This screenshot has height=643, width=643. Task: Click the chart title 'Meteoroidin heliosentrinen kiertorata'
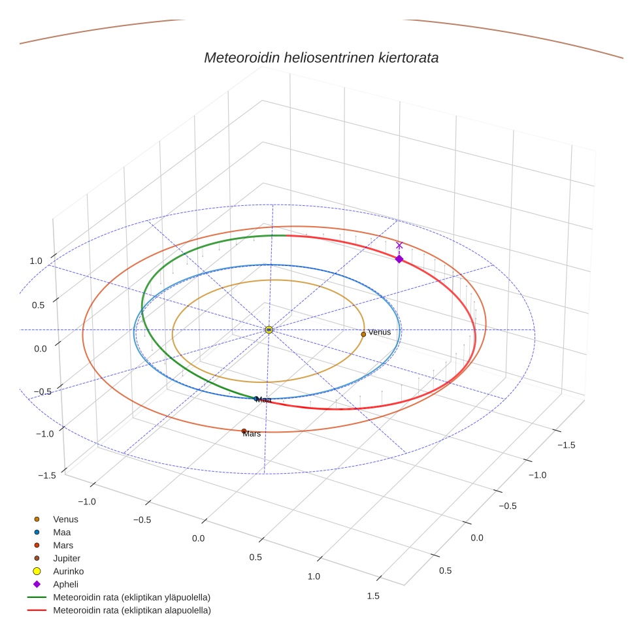point(321,58)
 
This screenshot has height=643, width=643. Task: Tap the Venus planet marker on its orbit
point(363,334)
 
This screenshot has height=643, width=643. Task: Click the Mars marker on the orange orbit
point(244,431)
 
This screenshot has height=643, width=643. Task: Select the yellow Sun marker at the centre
point(269,330)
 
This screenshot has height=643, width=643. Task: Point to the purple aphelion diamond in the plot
point(399,259)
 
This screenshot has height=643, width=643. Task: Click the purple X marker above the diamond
point(399,246)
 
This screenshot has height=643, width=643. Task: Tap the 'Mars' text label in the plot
point(252,434)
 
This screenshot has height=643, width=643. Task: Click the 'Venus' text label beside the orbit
point(380,332)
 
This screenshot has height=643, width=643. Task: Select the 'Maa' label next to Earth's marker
point(264,399)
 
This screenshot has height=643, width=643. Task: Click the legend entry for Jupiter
point(67,558)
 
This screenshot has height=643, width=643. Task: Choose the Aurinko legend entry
point(68,571)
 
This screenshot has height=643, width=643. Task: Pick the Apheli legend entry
point(65,584)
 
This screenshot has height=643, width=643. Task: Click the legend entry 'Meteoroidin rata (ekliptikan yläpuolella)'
point(131,597)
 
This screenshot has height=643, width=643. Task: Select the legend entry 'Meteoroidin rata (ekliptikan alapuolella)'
point(131,610)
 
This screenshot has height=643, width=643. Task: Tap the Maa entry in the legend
point(62,532)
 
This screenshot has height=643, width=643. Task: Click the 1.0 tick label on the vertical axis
point(35,261)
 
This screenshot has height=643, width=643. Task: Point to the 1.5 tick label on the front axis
point(373,595)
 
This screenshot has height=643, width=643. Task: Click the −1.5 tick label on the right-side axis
point(566,445)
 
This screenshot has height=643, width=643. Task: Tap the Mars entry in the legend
point(63,545)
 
